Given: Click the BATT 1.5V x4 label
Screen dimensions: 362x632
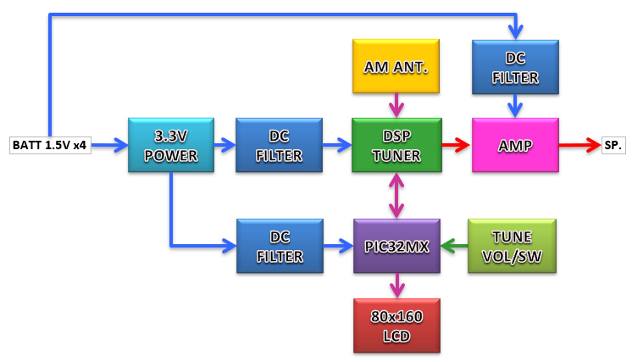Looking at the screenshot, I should pos(50,145).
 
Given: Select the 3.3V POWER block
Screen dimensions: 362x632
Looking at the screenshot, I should pos(170,146).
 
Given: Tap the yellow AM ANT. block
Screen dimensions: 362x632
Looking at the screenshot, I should pos(396,66).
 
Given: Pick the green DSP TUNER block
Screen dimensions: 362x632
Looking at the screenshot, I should pos(396,146).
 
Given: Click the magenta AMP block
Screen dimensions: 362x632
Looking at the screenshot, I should pos(515,146).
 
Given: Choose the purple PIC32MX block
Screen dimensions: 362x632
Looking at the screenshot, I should pos(396,246).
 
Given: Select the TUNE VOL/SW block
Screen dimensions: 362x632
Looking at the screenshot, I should pos(512,246).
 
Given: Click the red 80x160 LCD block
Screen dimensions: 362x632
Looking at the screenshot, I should pos(396,325).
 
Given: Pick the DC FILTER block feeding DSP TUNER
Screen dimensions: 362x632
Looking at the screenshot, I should pos(279,146).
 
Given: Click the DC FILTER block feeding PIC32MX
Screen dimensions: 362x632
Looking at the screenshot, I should pos(279,246).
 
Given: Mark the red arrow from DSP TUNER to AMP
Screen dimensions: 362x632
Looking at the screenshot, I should pos(456,146).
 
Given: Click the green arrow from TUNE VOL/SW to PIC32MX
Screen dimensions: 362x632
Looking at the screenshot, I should pos(454,246).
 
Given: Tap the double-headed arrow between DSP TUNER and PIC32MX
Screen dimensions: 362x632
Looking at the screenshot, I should pos(396,196).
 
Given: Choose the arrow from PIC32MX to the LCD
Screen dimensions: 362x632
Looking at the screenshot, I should pos(396,286).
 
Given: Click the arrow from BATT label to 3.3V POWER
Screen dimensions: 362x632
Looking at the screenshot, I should pos(109,146).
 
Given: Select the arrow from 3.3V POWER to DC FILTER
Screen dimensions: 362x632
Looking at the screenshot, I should pos(225,146).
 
